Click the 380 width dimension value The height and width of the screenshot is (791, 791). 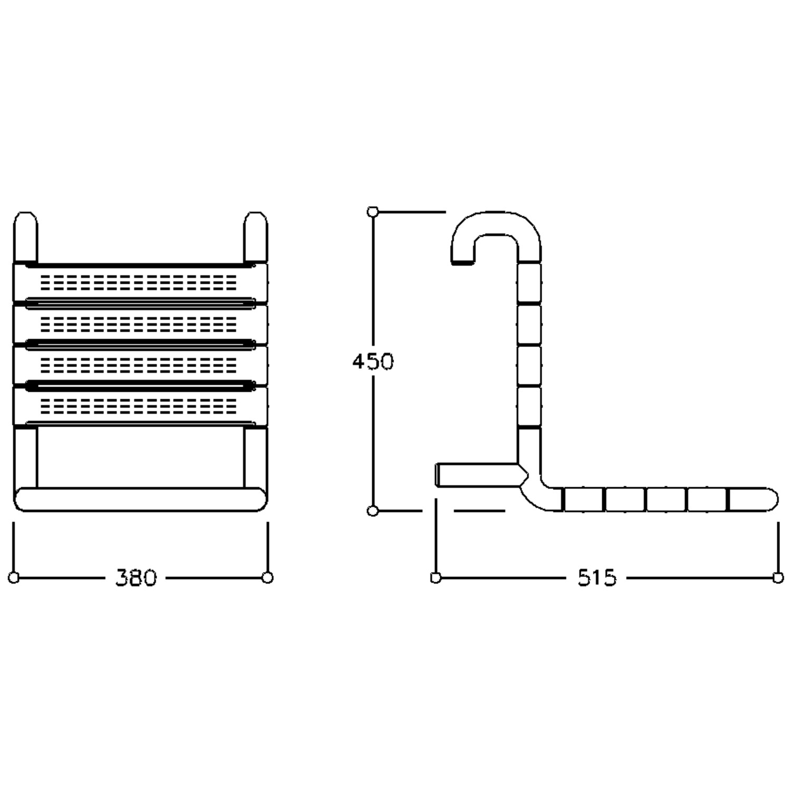(x=136, y=578)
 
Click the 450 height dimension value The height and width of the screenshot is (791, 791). (x=373, y=362)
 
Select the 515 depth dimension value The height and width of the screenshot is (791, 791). (x=596, y=578)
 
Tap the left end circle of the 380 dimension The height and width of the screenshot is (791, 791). (x=14, y=577)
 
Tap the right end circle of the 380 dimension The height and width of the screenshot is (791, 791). (x=267, y=577)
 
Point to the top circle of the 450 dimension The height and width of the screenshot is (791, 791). (x=373, y=212)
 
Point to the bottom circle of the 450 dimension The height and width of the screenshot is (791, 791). (x=373, y=510)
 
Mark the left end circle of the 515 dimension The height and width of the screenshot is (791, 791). (x=436, y=577)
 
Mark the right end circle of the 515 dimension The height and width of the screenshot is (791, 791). (x=778, y=577)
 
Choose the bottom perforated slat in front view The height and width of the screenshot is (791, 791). (x=140, y=405)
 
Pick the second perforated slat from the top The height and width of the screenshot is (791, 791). (x=140, y=323)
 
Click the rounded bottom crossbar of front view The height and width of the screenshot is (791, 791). (x=140, y=499)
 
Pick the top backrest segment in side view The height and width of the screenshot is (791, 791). (x=529, y=282)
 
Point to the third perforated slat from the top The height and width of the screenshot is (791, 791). (x=140, y=364)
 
